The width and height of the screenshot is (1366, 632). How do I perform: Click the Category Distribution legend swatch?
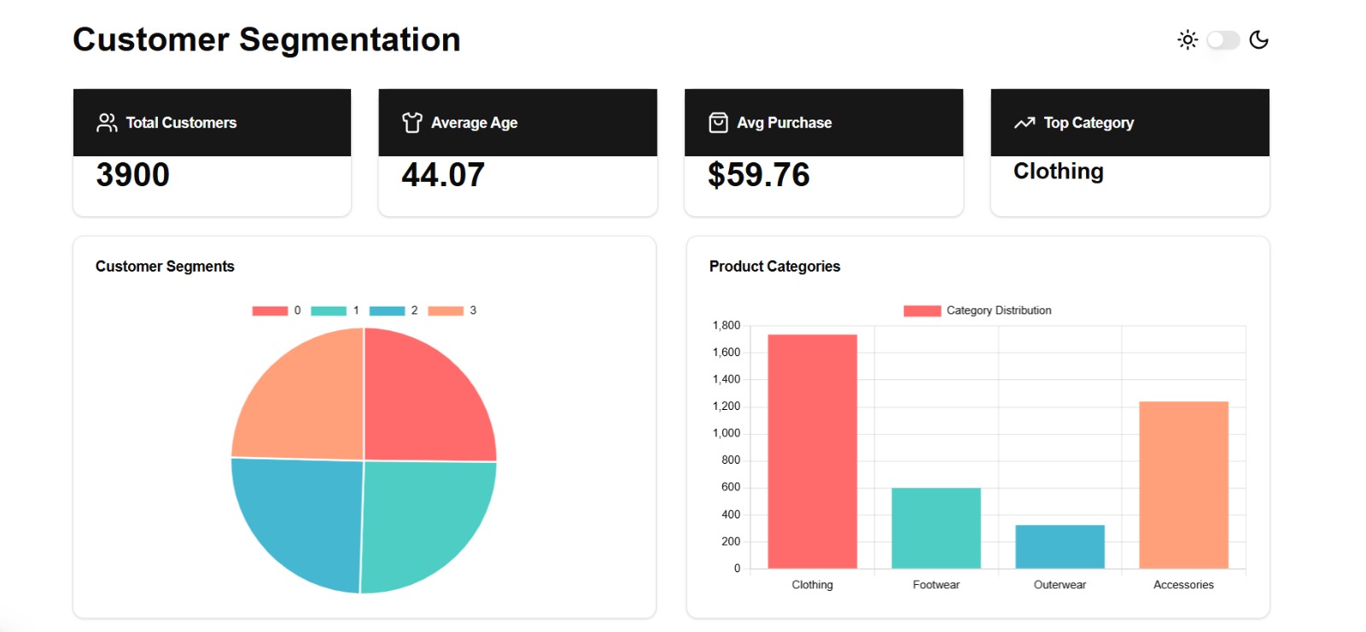[x=922, y=311]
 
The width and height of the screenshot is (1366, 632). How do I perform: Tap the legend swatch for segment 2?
[x=387, y=311]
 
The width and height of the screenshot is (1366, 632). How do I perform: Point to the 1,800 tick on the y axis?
[x=727, y=325]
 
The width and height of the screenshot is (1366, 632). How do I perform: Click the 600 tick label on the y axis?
[x=731, y=488]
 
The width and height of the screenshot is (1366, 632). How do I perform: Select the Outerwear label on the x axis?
[x=1060, y=585]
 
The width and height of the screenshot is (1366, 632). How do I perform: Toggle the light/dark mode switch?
[x=1223, y=40]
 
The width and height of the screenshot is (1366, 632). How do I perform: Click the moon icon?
[x=1258, y=40]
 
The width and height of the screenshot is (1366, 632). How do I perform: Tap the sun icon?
[x=1188, y=40]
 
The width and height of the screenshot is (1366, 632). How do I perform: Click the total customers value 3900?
[x=133, y=175]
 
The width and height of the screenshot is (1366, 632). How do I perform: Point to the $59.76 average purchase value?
[x=758, y=175]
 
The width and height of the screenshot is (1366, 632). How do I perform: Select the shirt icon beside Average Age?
[x=412, y=123]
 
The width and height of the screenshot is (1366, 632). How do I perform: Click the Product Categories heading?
[x=774, y=266]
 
